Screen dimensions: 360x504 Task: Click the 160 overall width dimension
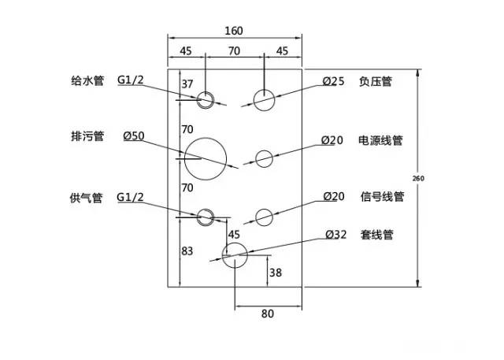click(233, 31)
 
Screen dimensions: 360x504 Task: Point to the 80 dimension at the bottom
click(267, 314)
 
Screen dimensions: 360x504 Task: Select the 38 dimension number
click(275, 273)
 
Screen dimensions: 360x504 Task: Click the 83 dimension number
click(187, 251)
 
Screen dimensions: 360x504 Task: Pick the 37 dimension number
click(187, 84)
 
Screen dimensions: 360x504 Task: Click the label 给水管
click(87, 80)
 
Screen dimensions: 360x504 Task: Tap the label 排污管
click(87, 136)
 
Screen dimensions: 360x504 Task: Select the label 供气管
click(87, 197)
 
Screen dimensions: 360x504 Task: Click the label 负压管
click(376, 80)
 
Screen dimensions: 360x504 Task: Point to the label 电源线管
click(381, 140)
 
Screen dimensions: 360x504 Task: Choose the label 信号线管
click(382, 197)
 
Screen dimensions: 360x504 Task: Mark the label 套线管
click(376, 234)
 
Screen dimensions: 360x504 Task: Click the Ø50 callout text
click(133, 136)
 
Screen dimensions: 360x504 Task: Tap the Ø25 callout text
click(333, 80)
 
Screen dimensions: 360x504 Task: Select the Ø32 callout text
click(335, 234)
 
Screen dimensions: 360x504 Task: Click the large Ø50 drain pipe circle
click(205, 157)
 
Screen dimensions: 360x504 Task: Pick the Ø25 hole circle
click(264, 99)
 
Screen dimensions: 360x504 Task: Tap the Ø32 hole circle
click(235, 254)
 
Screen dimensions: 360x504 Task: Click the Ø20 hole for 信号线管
click(264, 217)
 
